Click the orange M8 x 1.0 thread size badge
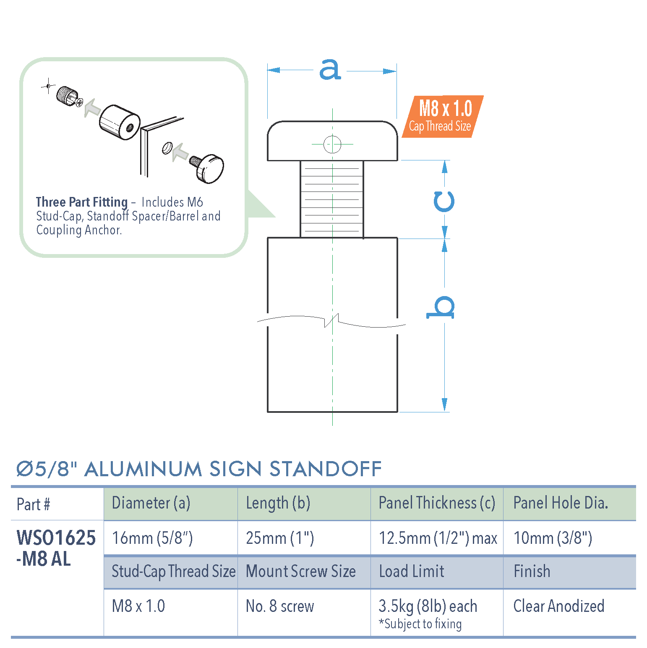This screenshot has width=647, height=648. (442, 116)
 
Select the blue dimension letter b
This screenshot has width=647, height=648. (441, 307)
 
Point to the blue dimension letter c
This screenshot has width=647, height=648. (444, 202)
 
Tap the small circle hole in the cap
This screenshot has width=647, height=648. (332, 144)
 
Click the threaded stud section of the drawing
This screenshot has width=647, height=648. (332, 199)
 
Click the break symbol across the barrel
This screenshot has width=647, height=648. (331, 322)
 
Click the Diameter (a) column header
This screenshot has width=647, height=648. (151, 503)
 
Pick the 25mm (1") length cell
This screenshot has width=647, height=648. (280, 538)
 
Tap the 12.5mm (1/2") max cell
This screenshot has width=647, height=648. (438, 538)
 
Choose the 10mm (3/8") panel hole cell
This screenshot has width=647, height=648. (553, 538)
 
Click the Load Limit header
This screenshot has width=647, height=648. (411, 572)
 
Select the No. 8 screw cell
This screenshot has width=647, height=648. (280, 606)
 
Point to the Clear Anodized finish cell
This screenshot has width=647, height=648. (558, 606)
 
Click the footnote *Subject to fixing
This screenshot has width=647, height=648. (420, 624)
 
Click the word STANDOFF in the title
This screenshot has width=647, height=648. (325, 469)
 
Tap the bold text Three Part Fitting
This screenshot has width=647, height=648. (82, 202)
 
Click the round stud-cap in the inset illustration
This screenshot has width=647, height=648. (210, 168)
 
